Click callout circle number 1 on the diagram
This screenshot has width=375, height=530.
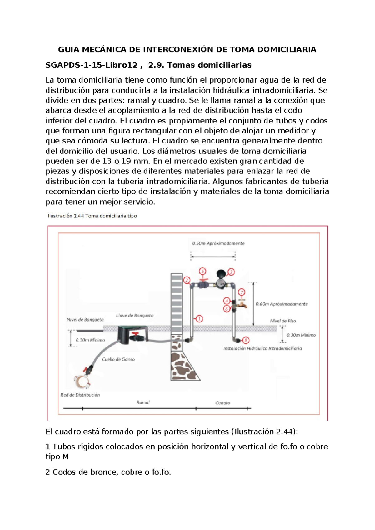(199, 319)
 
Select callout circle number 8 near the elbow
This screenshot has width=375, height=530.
(246, 340)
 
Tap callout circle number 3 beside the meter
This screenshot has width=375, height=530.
(231, 272)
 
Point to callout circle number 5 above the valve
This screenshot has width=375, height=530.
(202, 271)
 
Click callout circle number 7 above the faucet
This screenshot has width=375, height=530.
(242, 292)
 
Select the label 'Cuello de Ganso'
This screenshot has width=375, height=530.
(118, 359)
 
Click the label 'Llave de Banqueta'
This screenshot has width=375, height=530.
(135, 316)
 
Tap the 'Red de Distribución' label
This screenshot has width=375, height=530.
(80, 395)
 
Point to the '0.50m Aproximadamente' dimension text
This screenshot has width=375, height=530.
(218, 243)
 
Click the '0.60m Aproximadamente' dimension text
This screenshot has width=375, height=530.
(282, 304)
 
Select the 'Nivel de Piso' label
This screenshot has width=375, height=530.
(283, 321)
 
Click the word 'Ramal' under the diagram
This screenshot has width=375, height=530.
(143, 402)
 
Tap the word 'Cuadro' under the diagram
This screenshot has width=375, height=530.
(222, 403)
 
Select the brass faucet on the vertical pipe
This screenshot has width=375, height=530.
(241, 304)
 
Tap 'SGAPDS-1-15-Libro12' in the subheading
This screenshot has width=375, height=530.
(91, 65)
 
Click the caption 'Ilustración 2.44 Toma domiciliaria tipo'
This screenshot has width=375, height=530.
(92, 216)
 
